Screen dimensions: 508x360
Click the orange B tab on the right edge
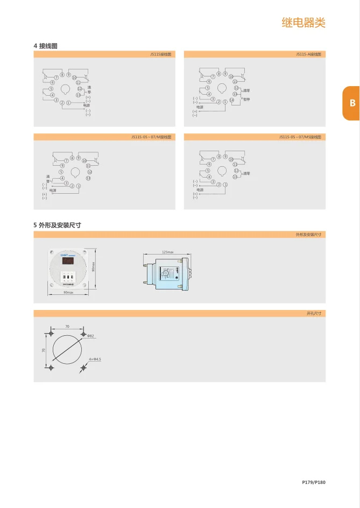tap(352, 103)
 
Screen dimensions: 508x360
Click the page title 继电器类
tap(303, 23)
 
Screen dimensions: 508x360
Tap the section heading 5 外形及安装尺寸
tap(57, 225)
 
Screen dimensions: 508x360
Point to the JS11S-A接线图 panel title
tap(308, 54)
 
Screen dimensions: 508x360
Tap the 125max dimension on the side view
tap(168, 252)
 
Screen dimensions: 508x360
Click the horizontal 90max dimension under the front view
tap(68, 292)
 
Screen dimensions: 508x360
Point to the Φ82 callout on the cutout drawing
tap(90, 336)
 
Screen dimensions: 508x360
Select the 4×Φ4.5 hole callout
tap(95, 358)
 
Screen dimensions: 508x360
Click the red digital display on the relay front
tap(68, 261)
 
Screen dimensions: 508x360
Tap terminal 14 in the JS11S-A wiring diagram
tap(231, 100)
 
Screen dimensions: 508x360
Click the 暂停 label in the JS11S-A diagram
tap(246, 99)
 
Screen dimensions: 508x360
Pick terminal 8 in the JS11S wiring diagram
tap(62, 74)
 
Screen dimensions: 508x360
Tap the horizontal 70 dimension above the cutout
tap(67, 326)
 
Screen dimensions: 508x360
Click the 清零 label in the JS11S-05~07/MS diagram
tap(247, 173)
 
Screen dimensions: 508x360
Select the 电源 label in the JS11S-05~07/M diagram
tap(53, 190)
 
